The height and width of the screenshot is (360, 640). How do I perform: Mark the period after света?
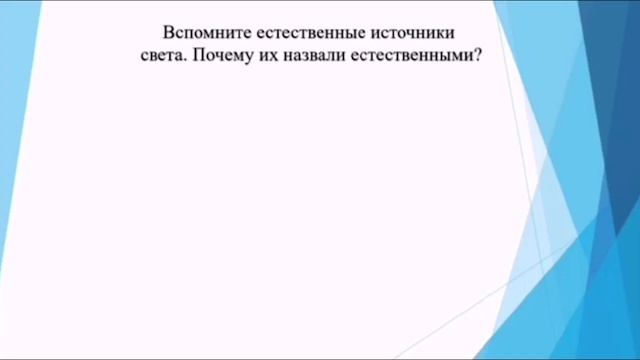(185, 59)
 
